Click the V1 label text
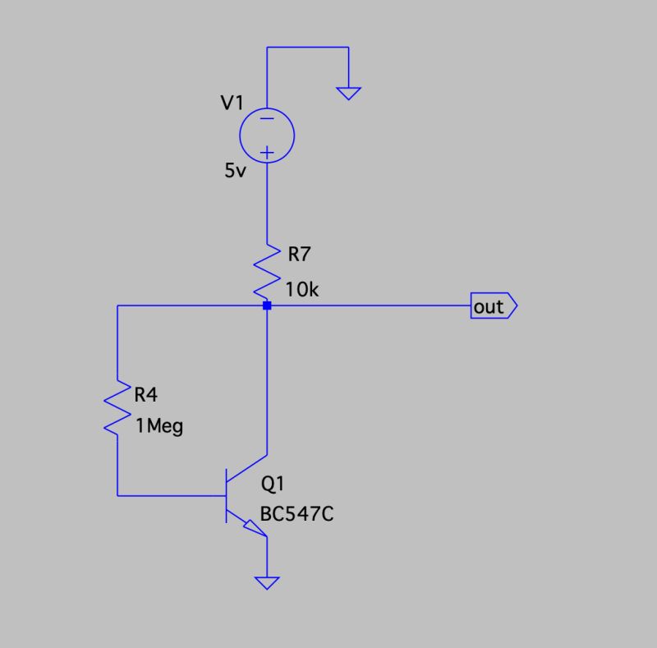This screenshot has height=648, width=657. [x=232, y=103]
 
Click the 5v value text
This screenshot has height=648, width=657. [x=235, y=172]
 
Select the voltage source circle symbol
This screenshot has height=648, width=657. [x=267, y=136]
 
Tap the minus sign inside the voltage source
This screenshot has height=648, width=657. [x=267, y=119]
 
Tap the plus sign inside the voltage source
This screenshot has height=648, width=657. [x=267, y=152]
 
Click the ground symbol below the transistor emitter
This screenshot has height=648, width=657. [x=267, y=583]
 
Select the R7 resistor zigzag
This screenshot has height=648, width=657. [x=267, y=269]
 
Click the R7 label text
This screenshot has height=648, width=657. [x=299, y=254]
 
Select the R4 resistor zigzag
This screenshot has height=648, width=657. [x=118, y=407]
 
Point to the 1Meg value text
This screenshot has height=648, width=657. [x=159, y=426]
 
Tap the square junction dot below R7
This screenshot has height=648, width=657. [x=267, y=306]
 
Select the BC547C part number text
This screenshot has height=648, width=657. [x=296, y=515]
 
